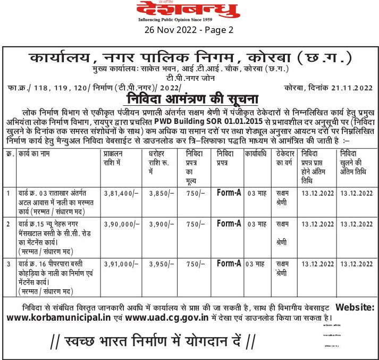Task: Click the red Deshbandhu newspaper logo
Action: pos(189,10)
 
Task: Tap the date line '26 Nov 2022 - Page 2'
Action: pos(189,30)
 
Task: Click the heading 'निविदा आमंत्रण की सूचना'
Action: pos(192,99)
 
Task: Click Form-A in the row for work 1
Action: pos(229,192)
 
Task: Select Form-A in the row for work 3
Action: pos(229,263)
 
